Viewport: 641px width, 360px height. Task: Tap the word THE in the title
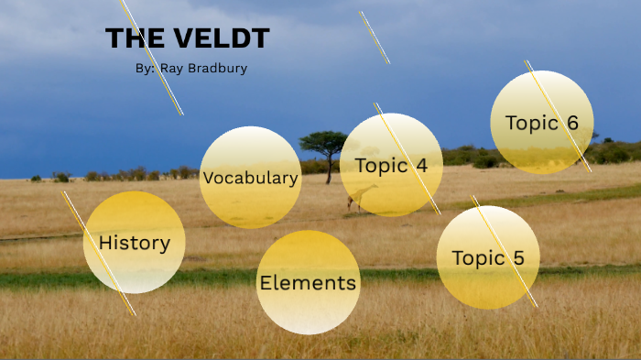click(x=135, y=39)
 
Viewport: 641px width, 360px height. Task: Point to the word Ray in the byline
click(x=171, y=68)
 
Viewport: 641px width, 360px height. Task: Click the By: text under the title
click(x=145, y=68)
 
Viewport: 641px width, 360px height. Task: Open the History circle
click(x=134, y=243)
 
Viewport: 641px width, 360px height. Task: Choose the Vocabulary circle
click(x=250, y=178)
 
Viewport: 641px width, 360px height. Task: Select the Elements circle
click(x=308, y=282)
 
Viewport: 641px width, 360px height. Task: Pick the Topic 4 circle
click(x=391, y=165)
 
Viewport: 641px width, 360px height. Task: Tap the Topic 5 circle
click(x=488, y=257)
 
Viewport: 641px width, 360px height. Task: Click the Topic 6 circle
click(x=542, y=123)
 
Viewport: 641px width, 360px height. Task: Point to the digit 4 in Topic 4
click(x=421, y=166)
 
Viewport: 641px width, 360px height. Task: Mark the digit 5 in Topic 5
click(x=518, y=258)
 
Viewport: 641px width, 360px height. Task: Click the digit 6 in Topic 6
click(x=572, y=123)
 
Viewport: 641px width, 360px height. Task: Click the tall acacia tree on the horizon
click(x=323, y=144)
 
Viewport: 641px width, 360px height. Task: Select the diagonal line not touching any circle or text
click(x=375, y=38)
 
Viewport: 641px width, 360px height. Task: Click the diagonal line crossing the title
click(x=156, y=64)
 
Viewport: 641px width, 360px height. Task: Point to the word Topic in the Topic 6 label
click(x=530, y=123)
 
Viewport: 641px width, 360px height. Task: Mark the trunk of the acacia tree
click(x=328, y=170)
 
